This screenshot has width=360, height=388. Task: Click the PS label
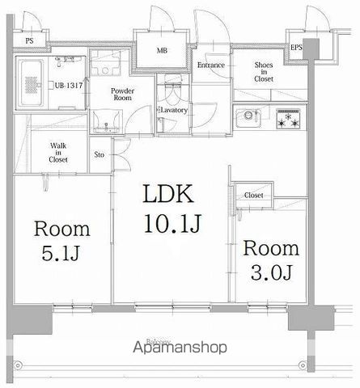pos(29,40)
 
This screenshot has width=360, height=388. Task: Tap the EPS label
pos(297,48)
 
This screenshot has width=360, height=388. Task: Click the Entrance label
pos(210,65)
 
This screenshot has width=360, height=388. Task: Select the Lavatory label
pos(173,109)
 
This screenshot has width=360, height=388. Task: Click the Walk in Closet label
pos(57,152)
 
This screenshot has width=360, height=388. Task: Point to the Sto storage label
pos(100,154)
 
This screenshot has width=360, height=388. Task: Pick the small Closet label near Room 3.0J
pos(253,196)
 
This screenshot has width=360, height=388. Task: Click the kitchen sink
pos(246,120)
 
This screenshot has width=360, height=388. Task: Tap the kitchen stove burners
pos(288,119)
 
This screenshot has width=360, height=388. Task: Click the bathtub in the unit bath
pos(33,81)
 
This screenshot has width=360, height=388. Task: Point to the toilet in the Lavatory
pos(171,86)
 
